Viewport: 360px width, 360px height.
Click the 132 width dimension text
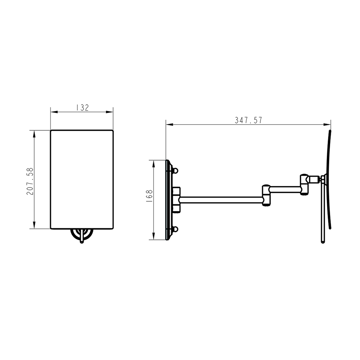(82, 108)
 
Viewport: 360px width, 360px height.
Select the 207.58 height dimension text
(30, 181)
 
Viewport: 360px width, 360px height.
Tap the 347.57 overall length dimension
(248, 120)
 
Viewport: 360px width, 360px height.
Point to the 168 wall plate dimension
(149, 195)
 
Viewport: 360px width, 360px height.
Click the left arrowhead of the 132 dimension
(54, 112)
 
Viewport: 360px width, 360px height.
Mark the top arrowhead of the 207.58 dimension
(35, 134)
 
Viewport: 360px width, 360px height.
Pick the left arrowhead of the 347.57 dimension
(170, 125)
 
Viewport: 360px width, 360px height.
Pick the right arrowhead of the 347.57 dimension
(327, 125)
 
